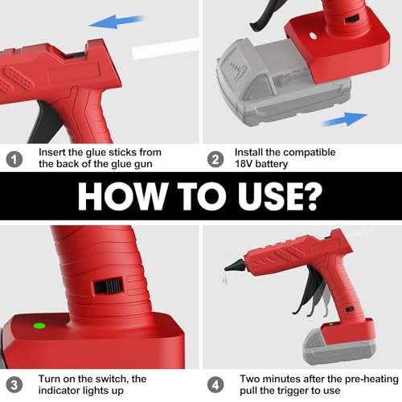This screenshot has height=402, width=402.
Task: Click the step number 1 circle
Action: [x=14, y=158]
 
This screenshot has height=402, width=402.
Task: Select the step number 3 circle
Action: [x=14, y=383]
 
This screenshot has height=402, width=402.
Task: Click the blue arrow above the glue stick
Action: [x=111, y=24]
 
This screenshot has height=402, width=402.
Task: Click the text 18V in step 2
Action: [x=245, y=164]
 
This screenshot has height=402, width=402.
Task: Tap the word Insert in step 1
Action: [x=53, y=151]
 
